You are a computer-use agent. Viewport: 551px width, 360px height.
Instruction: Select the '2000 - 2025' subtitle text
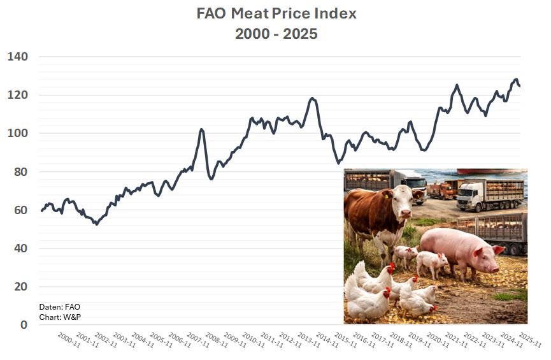point(276,34)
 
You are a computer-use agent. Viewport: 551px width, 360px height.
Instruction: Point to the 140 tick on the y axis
point(18,57)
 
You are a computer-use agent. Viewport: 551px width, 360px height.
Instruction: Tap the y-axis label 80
point(21,171)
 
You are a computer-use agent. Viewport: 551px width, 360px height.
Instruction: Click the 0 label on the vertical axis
point(24,324)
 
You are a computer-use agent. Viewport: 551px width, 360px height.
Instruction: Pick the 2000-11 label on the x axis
point(68,340)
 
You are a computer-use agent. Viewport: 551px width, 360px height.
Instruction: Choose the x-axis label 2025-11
point(529,340)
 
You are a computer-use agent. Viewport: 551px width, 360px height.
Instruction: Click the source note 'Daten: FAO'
point(60,306)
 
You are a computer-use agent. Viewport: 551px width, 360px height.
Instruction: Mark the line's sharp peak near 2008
point(201,129)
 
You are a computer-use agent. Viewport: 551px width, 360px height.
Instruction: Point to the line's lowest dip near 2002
point(96,224)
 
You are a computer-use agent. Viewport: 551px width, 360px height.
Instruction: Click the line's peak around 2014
point(312,98)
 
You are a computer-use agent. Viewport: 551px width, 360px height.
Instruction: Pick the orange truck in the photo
point(440,189)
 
